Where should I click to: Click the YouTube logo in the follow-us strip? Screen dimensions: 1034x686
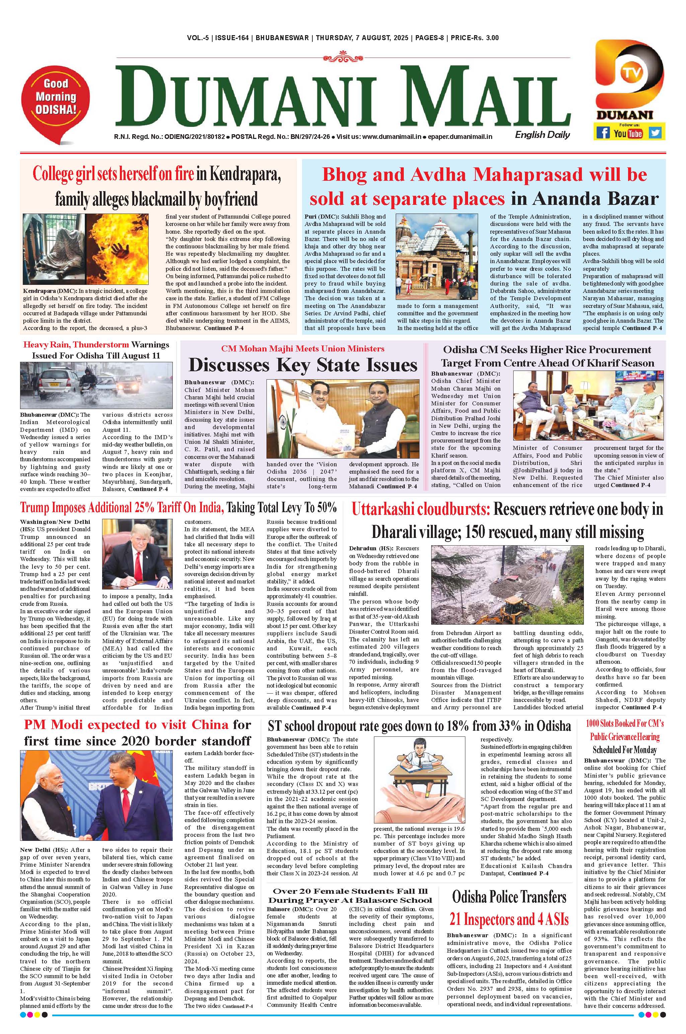click(x=628, y=133)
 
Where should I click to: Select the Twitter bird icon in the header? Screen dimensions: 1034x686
click(x=655, y=132)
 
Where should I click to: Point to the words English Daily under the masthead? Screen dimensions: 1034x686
click(x=542, y=135)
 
